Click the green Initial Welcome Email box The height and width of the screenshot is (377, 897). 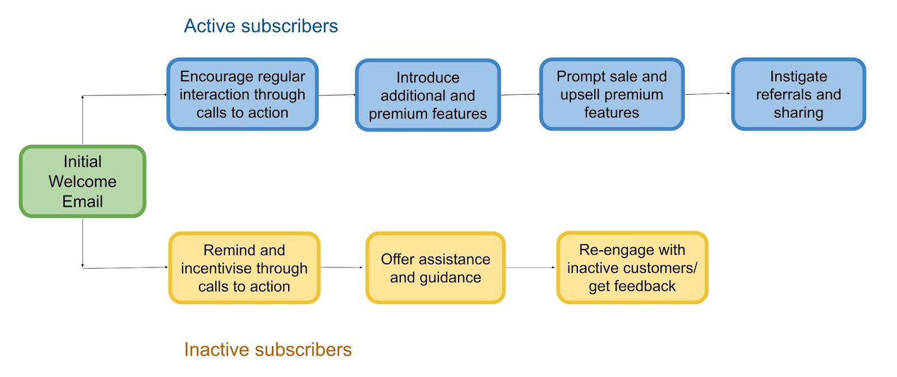coord(82,182)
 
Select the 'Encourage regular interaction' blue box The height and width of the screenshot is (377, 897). coord(243,94)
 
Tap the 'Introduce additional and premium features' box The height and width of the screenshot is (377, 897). coord(428,95)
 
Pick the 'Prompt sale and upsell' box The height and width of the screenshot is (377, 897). coord(612,94)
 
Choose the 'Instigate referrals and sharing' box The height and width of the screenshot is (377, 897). coord(798,94)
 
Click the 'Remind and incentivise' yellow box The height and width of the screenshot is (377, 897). coord(244,268)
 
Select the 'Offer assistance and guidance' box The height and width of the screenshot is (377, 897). coord(435,268)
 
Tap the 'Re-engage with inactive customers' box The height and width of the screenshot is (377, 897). coord(632,268)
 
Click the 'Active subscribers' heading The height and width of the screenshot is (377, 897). coord(261,26)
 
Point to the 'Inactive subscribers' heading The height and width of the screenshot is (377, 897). coord(267,350)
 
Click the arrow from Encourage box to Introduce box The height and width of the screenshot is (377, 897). coord(337,95)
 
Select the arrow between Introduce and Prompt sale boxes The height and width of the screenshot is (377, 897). coord(520,95)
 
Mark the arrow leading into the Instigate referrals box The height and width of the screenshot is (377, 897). coord(708,94)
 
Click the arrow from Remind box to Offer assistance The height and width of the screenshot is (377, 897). coord(341,267)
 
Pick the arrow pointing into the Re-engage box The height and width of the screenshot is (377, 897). coord(530,267)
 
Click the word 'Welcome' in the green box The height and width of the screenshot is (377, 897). coord(82,182)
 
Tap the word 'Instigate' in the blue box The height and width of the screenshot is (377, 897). coord(798,76)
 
